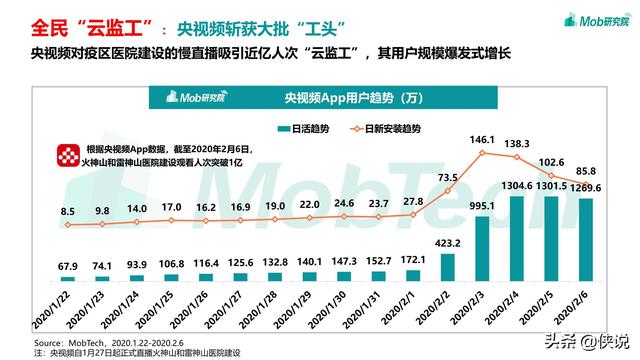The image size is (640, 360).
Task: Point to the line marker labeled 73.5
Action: click(449, 192)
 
